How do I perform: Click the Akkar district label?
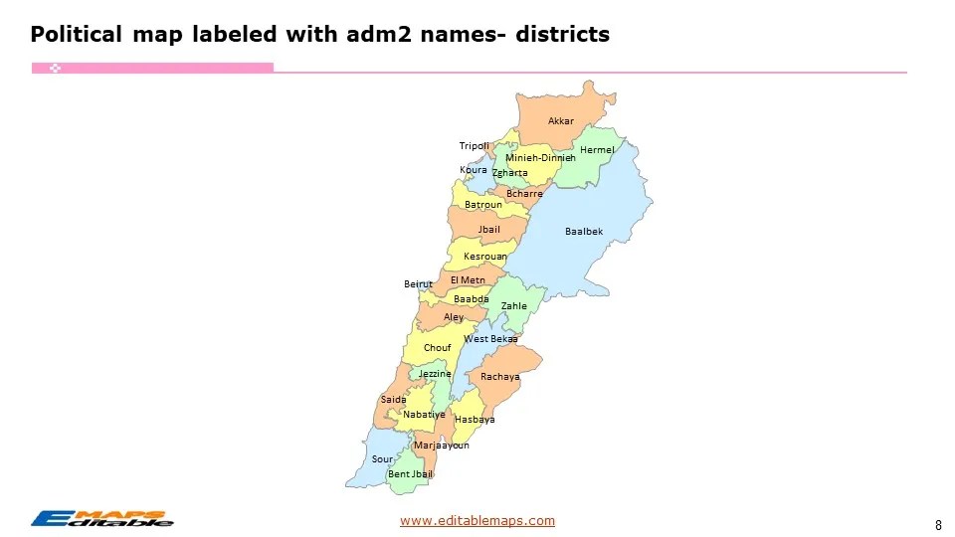(x=561, y=121)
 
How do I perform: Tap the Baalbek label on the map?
(x=584, y=232)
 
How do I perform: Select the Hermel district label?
(x=597, y=150)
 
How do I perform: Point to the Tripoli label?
(x=475, y=146)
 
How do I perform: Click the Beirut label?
(x=418, y=284)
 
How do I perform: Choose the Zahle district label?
(x=514, y=306)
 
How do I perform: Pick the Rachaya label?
(x=500, y=378)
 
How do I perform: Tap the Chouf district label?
(x=438, y=348)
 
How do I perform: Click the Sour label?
(x=382, y=459)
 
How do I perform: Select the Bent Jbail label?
(x=410, y=474)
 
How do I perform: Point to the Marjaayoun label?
(x=441, y=446)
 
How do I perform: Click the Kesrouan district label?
(x=485, y=258)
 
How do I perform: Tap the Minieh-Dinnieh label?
(x=540, y=158)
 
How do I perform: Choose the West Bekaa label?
(x=490, y=339)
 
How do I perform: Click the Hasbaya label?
(x=475, y=420)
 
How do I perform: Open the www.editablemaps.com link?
(x=477, y=521)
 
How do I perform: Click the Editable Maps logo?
(x=102, y=518)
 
